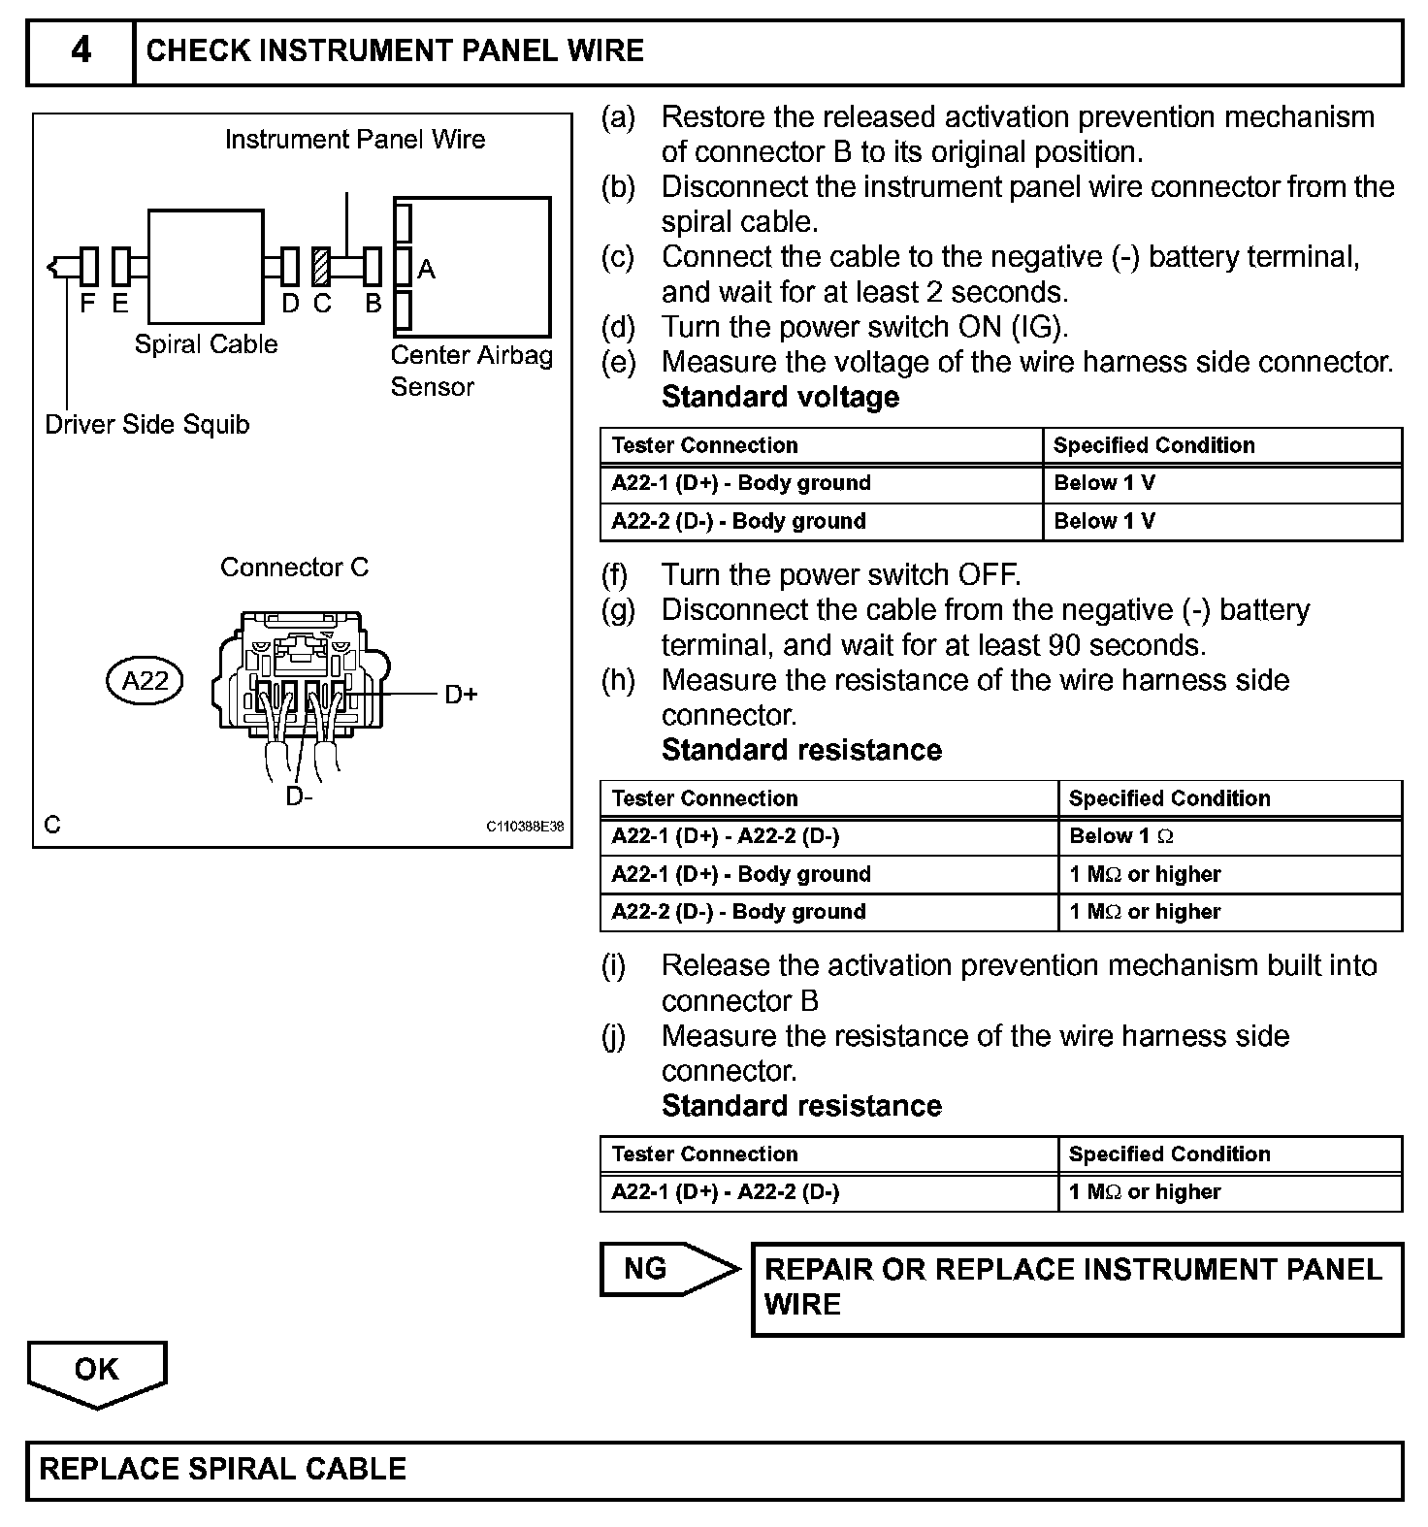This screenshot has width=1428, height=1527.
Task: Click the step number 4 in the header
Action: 81,50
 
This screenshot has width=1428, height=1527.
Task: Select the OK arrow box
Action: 97,1371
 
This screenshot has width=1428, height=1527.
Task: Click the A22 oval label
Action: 145,681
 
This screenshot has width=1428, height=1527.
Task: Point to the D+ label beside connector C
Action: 461,695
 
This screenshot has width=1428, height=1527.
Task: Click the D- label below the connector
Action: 299,796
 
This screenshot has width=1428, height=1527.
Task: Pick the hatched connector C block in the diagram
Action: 321,267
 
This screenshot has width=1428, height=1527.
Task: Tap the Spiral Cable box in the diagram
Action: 206,267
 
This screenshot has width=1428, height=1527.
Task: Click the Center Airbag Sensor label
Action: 471,371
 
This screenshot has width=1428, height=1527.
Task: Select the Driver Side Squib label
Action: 147,425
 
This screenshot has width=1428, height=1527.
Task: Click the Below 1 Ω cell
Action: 1121,836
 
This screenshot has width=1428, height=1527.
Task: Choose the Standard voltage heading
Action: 780,397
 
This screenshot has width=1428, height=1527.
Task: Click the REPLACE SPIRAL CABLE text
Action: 222,1469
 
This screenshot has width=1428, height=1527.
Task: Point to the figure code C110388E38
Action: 525,827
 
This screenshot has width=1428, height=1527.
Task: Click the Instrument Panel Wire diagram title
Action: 355,140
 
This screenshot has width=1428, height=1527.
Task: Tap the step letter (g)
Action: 618,610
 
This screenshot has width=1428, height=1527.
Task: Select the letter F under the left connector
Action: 87,304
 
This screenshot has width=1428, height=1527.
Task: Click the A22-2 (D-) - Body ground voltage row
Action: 738,521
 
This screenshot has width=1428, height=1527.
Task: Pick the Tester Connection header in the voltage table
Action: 705,445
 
